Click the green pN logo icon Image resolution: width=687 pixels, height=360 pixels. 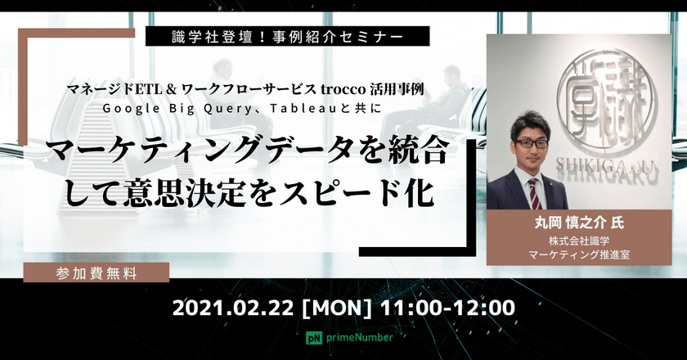pyautogui.click(x=312, y=337)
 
